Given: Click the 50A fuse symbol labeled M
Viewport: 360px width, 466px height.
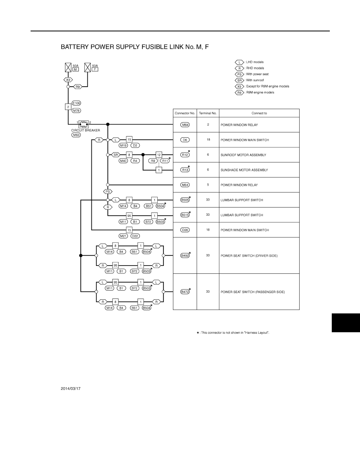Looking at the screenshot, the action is [x=68, y=67].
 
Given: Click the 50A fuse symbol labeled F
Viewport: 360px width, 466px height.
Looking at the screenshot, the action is [x=87, y=67].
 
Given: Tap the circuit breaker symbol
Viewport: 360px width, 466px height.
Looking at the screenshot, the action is [x=84, y=124].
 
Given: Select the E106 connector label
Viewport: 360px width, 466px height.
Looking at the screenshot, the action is [x=76, y=103].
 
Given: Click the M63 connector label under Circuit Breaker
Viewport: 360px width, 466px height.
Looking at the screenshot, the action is [x=76, y=135].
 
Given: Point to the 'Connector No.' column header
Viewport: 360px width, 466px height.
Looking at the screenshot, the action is [x=185, y=113].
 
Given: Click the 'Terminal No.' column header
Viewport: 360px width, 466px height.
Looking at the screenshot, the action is [x=208, y=113].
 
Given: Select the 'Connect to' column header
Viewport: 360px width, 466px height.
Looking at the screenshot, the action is [x=259, y=113].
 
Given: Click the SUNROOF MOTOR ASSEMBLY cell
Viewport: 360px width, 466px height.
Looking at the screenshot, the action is [x=243, y=155].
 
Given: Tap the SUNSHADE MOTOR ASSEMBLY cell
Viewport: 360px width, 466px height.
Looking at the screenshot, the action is [x=244, y=170].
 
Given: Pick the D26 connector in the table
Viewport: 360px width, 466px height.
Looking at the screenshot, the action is [x=185, y=230].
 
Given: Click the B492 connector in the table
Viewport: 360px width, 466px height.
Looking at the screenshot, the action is [x=185, y=256].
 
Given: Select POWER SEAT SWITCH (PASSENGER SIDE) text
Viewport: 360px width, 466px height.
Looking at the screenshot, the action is [x=253, y=292].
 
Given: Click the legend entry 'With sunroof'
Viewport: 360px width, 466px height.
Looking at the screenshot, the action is [x=255, y=80].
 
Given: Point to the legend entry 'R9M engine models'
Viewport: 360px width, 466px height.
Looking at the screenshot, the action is [x=260, y=93].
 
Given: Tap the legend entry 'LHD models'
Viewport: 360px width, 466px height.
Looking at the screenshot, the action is [x=255, y=62].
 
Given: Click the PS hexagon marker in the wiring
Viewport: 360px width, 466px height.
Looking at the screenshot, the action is [x=108, y=192].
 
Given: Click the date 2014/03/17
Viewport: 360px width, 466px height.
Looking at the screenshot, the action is [x=71, y=389].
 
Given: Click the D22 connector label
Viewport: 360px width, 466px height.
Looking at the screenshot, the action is [x=135, y=236].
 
